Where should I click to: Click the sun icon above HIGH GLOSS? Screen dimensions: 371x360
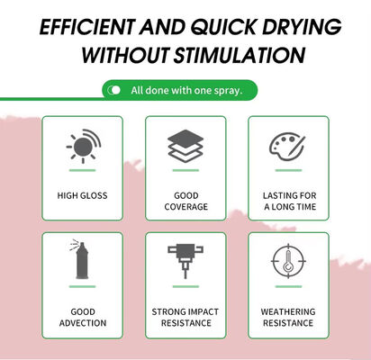click(84, 146)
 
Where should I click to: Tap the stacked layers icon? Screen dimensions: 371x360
click(185, 146)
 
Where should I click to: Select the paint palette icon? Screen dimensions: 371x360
click(287, 147)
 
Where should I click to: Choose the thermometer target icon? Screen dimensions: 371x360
click(288, 261)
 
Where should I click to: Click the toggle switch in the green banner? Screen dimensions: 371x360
click(113, 90)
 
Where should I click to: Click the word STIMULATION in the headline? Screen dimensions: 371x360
click(240, 55)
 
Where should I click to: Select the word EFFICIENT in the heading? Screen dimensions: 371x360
click(87, 27)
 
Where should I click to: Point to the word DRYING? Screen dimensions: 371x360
click(302, 27)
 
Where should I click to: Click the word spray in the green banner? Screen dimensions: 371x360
click(228, 91)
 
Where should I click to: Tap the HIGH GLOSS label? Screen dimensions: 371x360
click(82, 195)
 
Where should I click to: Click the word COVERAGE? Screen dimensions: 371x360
click(186, 207)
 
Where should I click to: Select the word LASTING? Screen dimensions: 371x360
click(278, 195)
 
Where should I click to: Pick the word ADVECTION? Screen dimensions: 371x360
click(83, 323)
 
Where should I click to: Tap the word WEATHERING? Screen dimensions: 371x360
click(288, 311)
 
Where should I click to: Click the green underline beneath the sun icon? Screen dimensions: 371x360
click(82, 170)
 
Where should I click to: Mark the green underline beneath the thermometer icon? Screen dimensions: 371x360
click(288, 286)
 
